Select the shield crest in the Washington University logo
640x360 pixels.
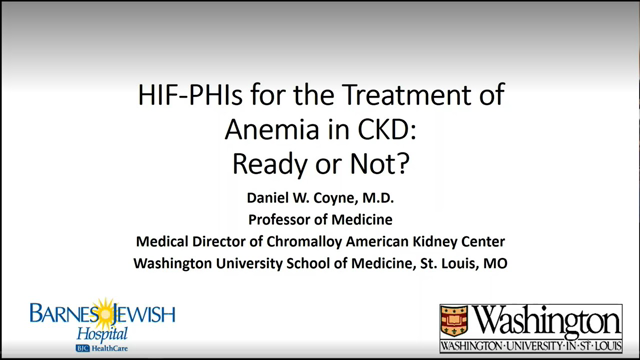[455, 321]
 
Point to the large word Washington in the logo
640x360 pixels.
[544, 320]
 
